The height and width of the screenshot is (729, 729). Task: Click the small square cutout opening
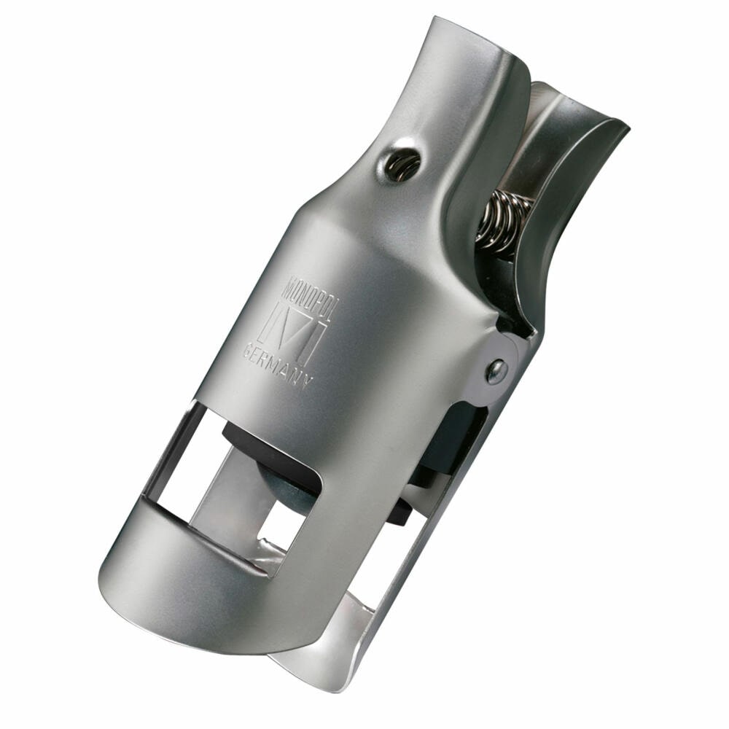click(x=280, y=524)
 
